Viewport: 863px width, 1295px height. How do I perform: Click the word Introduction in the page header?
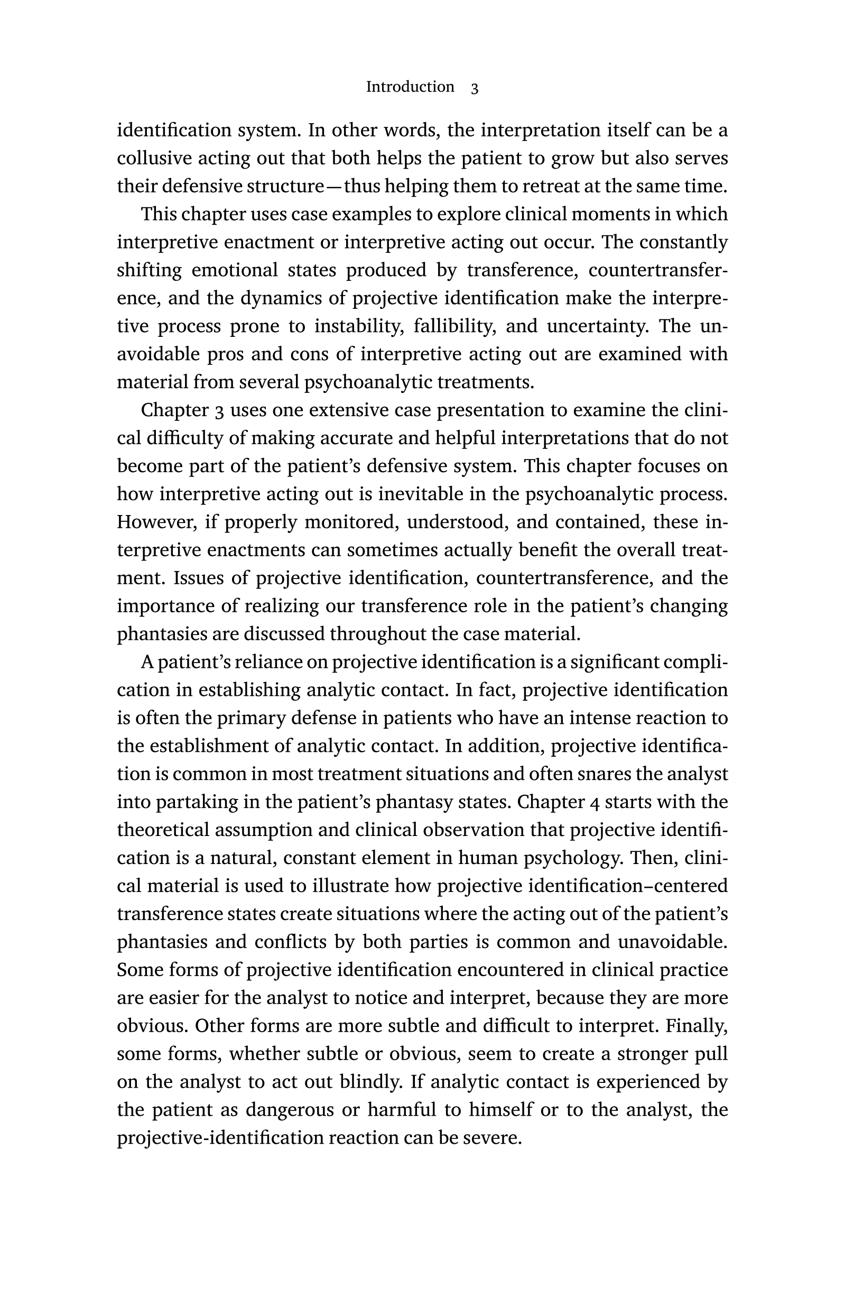[x=410, y=87]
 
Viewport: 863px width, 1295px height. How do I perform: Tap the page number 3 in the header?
[x=475, y=88]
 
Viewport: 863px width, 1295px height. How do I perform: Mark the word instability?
[x=357, y=326]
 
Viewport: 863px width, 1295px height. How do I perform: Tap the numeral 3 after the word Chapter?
[x=220, y=410]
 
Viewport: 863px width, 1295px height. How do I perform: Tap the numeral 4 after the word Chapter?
[x=594, y=802]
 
